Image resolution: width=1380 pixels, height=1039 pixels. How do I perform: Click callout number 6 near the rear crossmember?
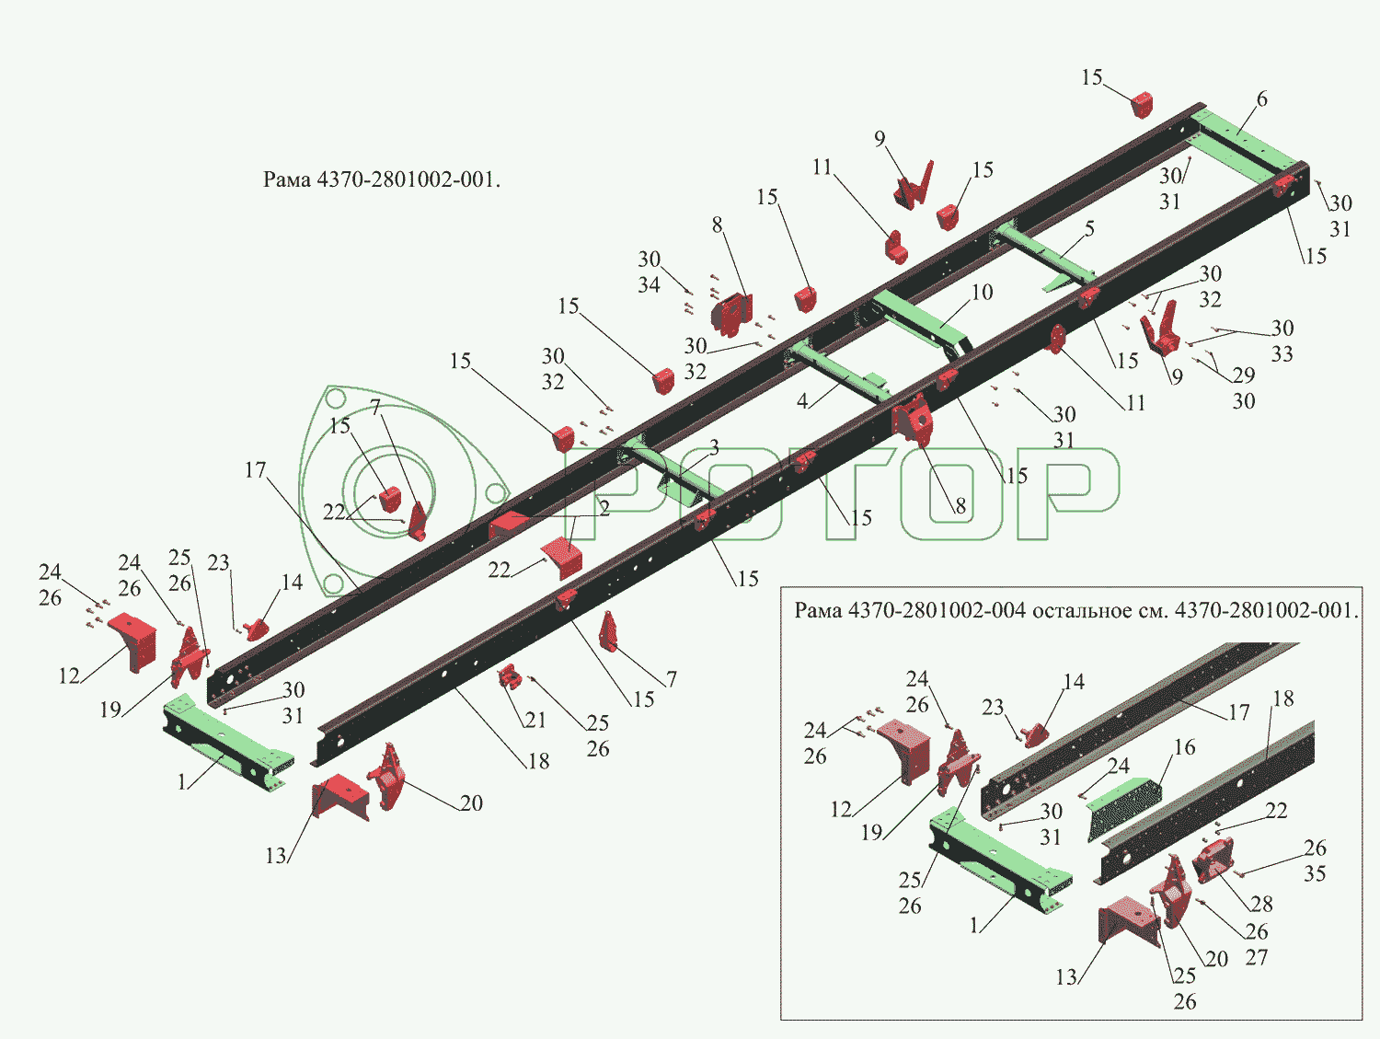(x=1261, y=99)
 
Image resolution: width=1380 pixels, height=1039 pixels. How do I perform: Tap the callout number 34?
(x=650, y=285)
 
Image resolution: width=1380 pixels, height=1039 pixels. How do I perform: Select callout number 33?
(x=1282, y=354)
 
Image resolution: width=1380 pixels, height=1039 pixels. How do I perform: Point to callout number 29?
(x=1244, y=375)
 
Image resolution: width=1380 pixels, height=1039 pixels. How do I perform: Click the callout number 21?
(x=535, y=720)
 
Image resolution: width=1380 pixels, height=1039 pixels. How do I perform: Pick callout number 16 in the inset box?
(x=1185, y=747)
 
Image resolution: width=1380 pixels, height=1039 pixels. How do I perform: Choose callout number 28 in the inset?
(x=1261, y=904)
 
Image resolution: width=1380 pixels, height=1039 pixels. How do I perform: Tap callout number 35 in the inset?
(x=1315, y=873)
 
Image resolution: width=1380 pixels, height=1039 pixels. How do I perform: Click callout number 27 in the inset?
(x=1257, y=957)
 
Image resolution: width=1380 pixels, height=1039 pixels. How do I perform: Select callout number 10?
(x=983, y=293)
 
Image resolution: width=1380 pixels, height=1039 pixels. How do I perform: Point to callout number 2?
(x=604, y=508)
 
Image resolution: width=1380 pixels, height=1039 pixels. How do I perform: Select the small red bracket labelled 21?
(x=510, y=680)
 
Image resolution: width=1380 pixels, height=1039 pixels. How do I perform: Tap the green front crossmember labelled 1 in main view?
(x=225, y=741)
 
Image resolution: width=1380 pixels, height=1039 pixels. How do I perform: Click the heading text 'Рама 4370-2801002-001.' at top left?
(x=382, y=179)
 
